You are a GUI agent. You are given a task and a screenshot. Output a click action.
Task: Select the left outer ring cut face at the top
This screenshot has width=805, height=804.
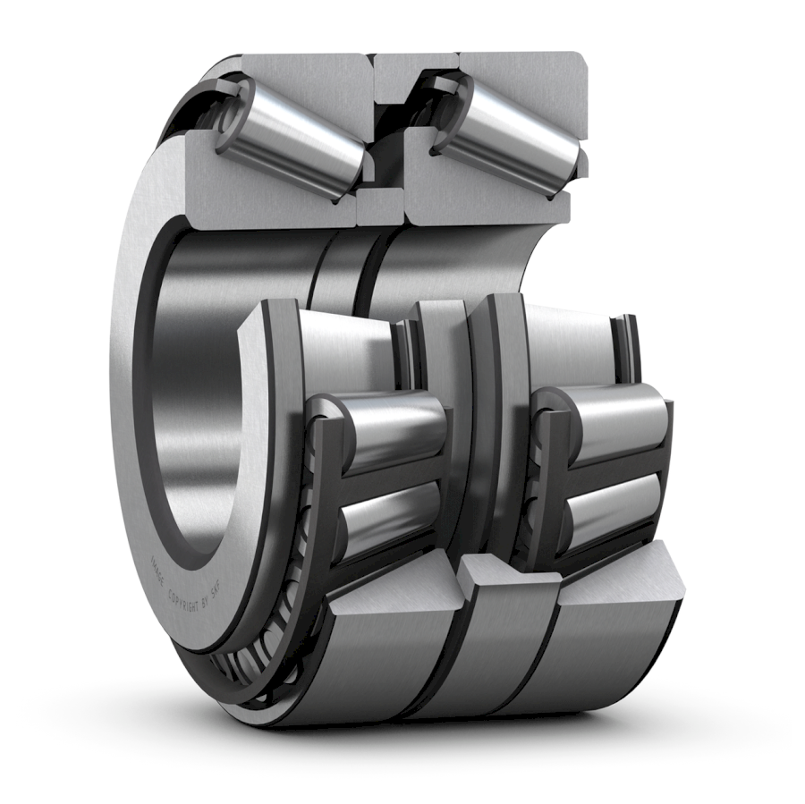[304, 72]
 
